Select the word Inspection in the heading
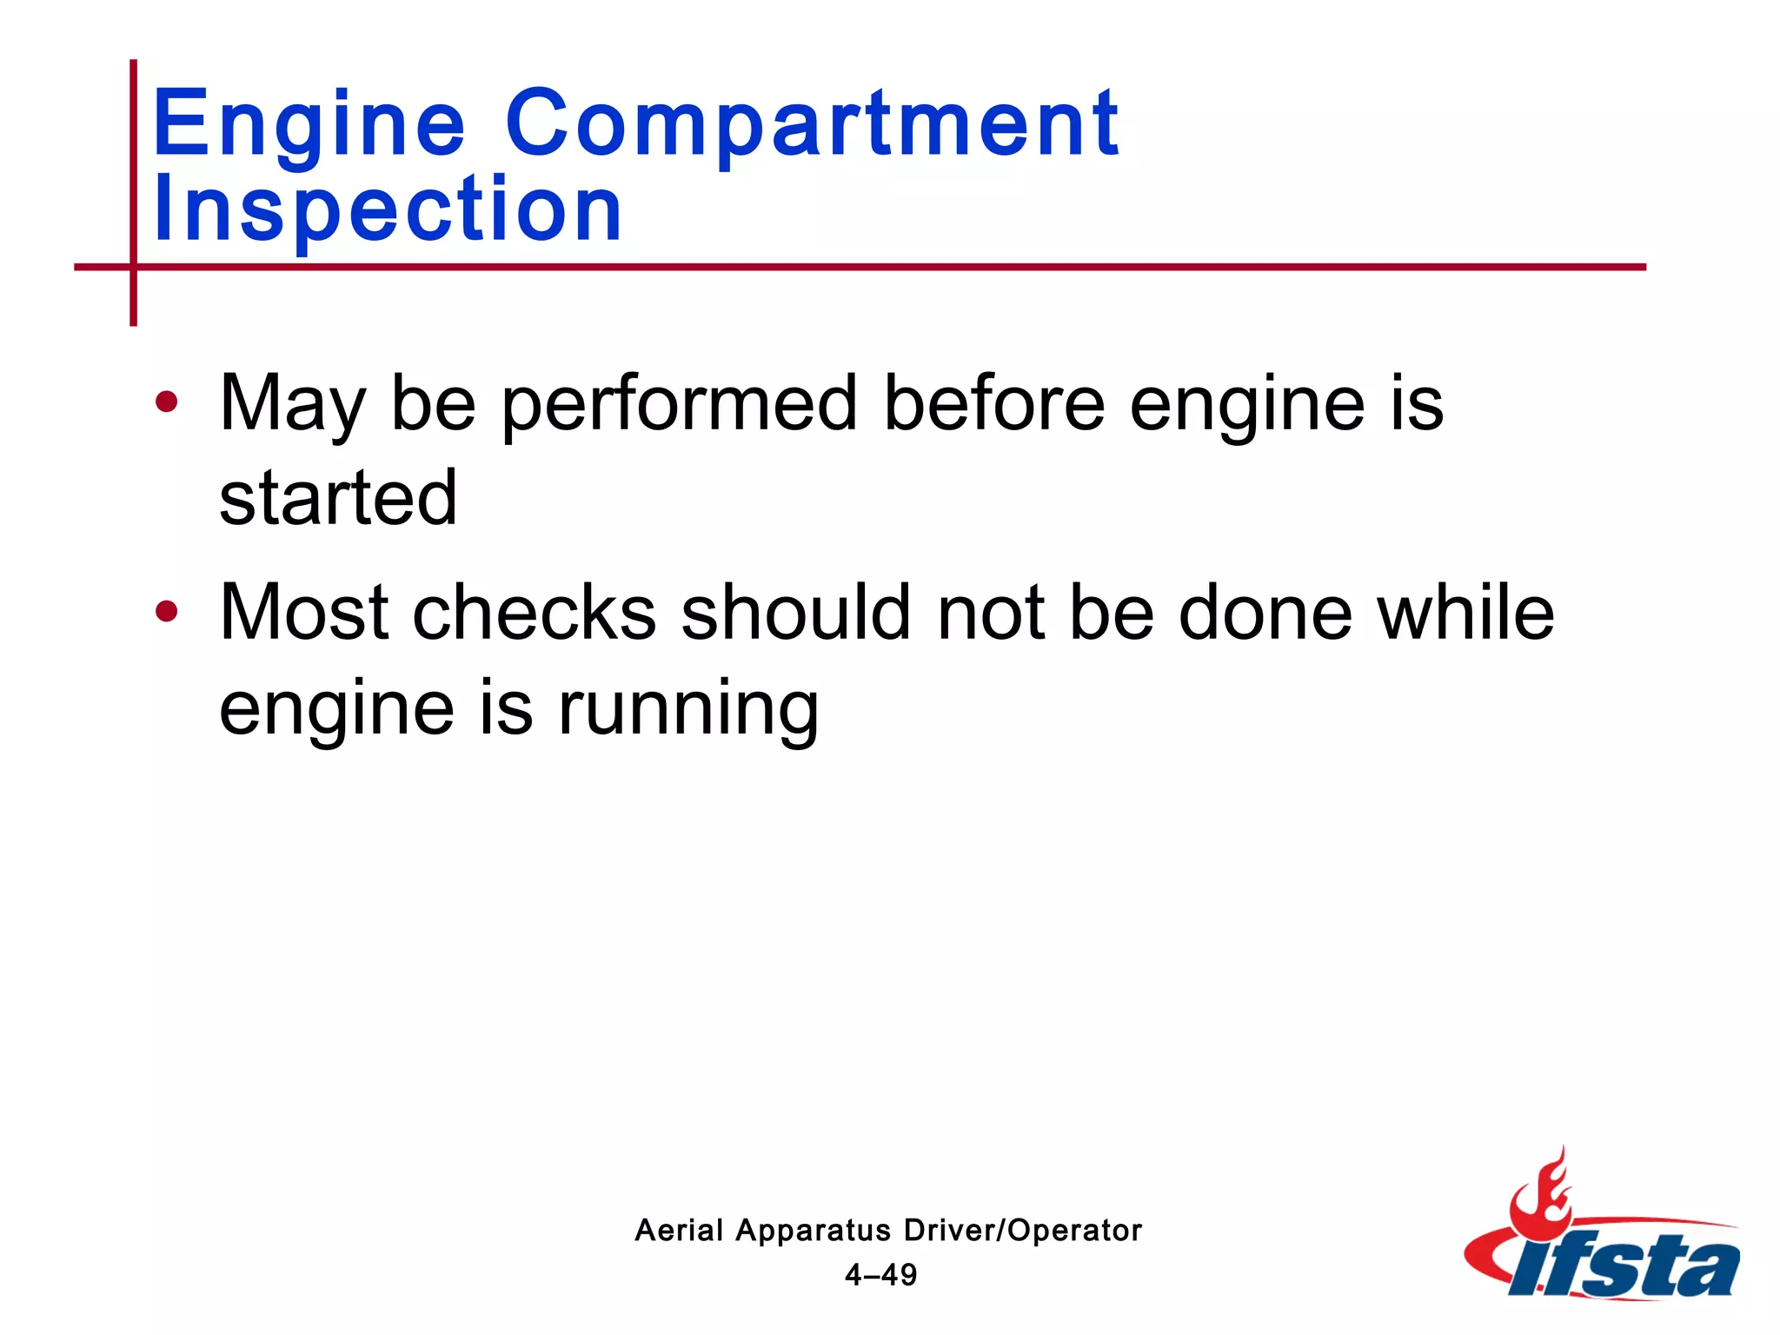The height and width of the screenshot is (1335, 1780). (x=388, y=209)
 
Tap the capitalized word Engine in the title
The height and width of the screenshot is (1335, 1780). (x=309, y=125)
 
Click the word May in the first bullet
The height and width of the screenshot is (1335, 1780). (x=292, y=404)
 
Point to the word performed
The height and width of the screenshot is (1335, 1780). (x=680, y=404)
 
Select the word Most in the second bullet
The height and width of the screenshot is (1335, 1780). (x=303, y=612)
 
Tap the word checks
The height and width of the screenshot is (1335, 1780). (x=534, y=612)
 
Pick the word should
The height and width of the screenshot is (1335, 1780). (x=795, y=612)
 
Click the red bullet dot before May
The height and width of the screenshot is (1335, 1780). (x=166, y=402)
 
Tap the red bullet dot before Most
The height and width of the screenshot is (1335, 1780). (x=166, y=611)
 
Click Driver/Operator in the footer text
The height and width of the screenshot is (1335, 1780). (x=1022, y=1230)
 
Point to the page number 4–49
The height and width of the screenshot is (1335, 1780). (x=880, y=1275)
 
